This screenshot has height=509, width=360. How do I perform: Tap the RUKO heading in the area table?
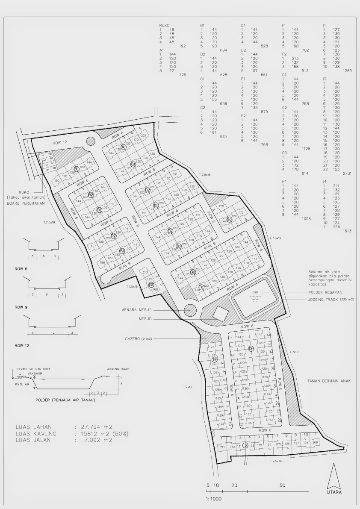[164, 26]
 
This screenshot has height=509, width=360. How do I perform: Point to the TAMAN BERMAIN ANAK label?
[328, 380]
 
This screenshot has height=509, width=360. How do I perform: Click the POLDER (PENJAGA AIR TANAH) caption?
[65, 400]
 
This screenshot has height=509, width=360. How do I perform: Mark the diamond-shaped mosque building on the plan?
[221, 314]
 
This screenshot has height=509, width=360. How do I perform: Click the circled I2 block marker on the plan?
[251, 349]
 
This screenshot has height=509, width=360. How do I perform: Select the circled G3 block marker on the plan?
[230, 220]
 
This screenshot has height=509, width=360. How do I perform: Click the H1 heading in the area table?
[284, 182]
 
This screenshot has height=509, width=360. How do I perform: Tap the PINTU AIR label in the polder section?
[21, 384]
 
